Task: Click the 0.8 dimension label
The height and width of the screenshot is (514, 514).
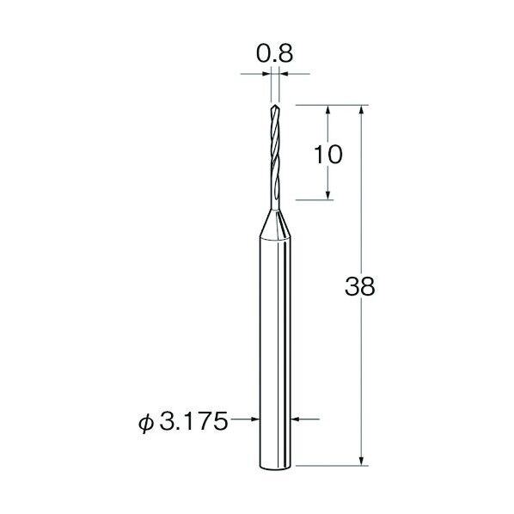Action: (x=274, y=53)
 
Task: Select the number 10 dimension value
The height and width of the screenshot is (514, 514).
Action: (x=327, y=155)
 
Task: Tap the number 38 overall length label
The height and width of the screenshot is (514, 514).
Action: (x=359, y=286)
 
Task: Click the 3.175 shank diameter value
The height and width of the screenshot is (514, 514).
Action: (x=193, y=421)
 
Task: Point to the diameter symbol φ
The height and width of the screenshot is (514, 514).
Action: (x=146, y=423)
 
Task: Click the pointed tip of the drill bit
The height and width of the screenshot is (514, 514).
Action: (x=275, y=106)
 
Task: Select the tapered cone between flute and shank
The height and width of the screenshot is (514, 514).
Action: (x=275, y=223)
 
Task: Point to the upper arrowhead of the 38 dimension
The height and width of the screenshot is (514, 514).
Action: (x=362, y=109)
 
